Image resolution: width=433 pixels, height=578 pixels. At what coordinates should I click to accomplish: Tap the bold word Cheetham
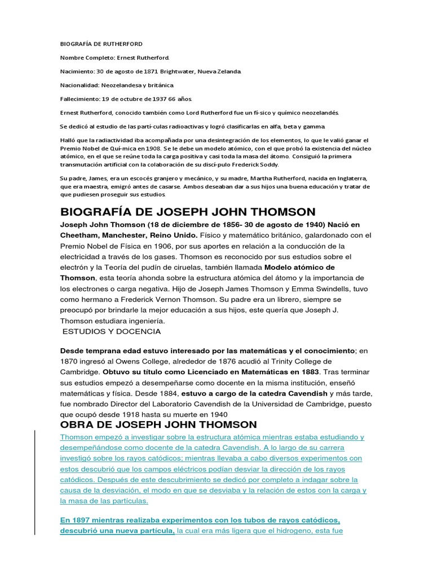tap(79, 235)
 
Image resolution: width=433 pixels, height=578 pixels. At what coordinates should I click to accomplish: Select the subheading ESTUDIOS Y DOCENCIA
tap(112, 331)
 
